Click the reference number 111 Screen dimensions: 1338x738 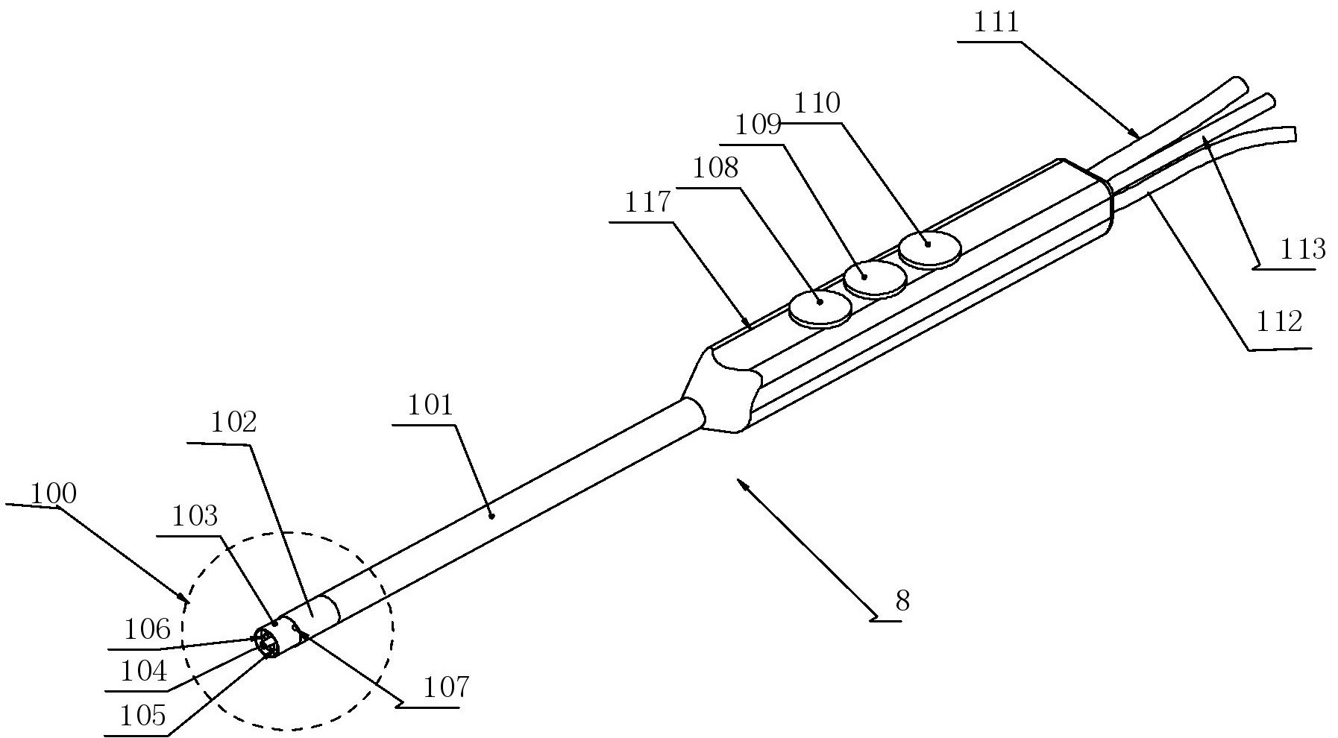click(996, 22)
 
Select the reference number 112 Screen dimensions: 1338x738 click(1279, 321)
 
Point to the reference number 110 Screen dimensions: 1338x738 click(818, 103)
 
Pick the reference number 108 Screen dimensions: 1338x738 click(715, 168)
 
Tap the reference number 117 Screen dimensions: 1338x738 click(647, 203)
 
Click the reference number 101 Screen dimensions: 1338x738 click(430, 406)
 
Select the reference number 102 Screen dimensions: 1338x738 click(234, 423)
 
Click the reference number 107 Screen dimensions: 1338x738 click(445, 687)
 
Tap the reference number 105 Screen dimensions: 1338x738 click(142, 716)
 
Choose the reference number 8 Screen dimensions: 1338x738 click(902, 601)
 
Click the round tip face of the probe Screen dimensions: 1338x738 click(268, 643)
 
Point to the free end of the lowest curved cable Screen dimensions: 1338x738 click(1294, 133)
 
